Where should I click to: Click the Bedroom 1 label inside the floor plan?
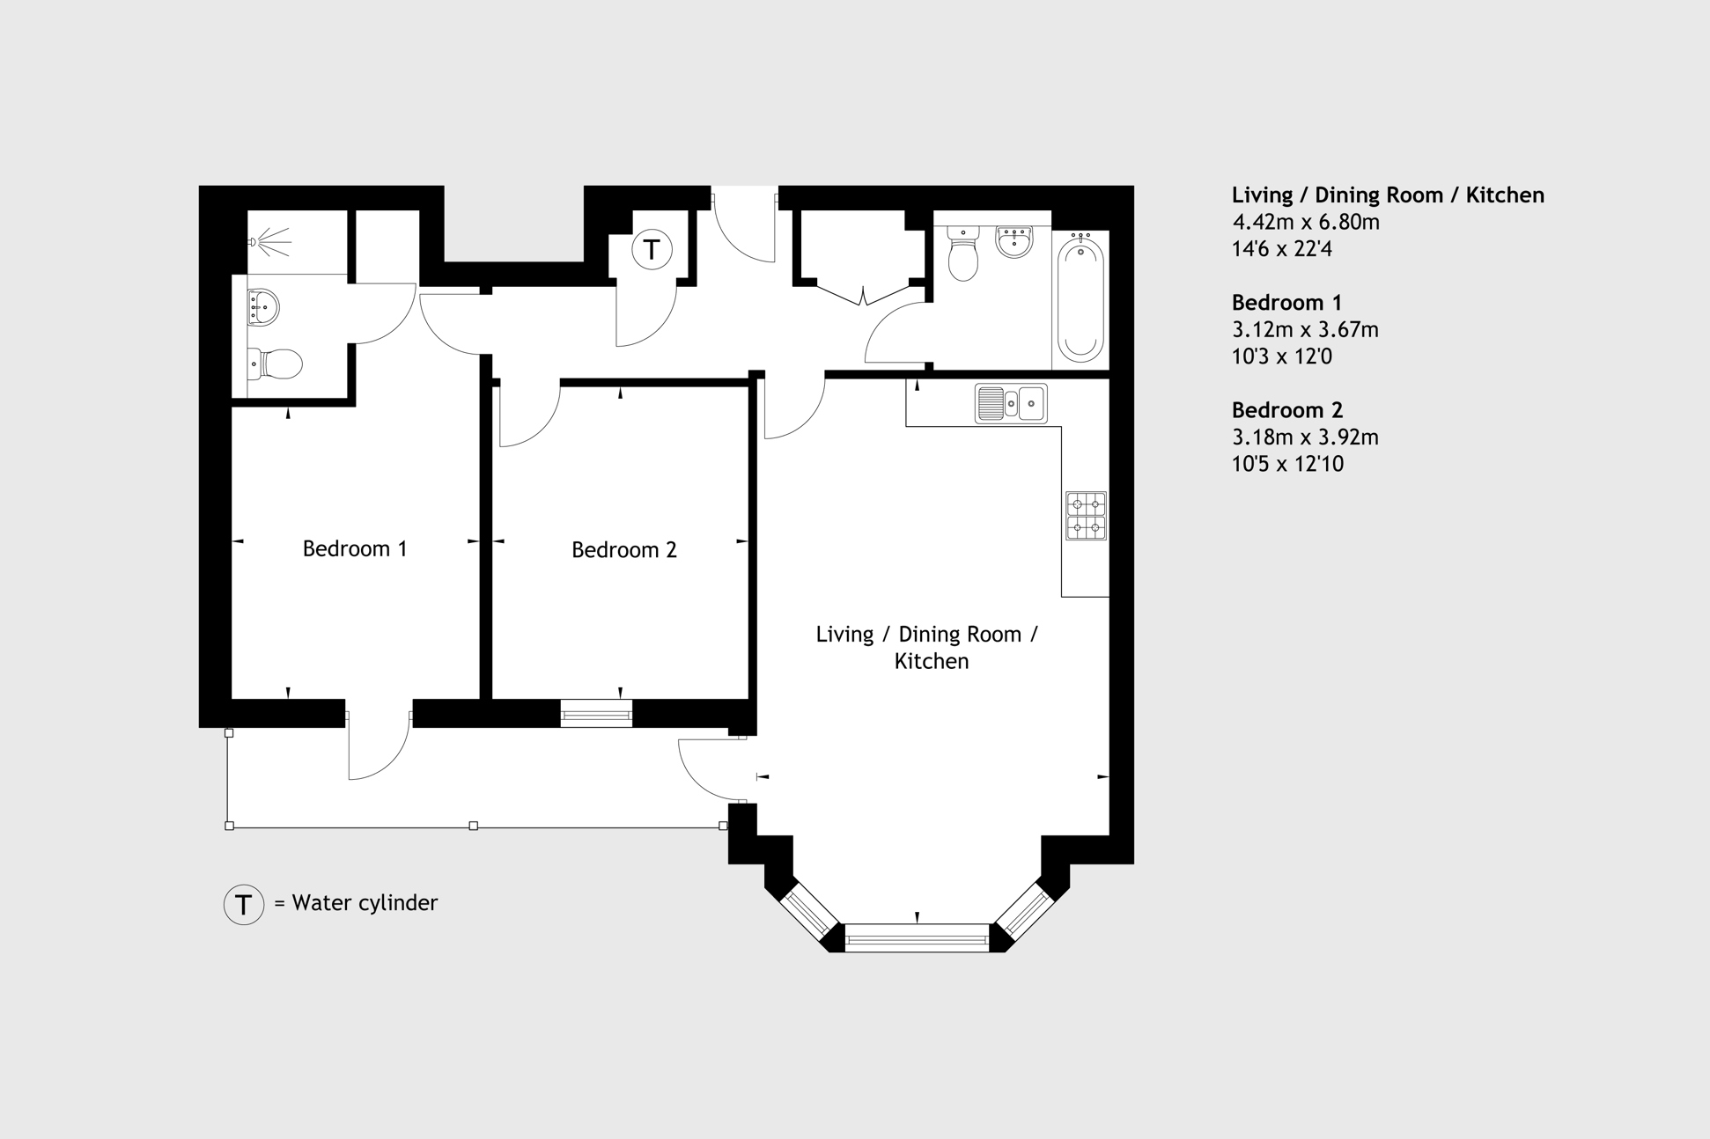(355, 549)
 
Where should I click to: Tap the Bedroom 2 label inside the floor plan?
(624, 550)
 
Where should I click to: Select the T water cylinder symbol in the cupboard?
(652, 249)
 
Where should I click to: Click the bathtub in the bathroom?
(1080, 298)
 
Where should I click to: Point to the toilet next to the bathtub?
(962, 253)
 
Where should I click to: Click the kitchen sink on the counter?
(1011, 403)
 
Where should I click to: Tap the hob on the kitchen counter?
(1086, 516)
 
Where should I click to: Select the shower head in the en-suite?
(269, 241)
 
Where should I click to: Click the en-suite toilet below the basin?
(275, 364)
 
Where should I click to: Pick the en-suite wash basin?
(263, 307)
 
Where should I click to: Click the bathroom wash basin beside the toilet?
(1014, 241)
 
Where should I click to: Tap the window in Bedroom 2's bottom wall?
(596, 714)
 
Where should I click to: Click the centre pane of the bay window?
(917, 938)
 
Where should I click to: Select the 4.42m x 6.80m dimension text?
(1306, 222)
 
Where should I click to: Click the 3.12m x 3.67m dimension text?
(1305, 329)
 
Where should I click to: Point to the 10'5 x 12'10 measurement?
(1287, 464)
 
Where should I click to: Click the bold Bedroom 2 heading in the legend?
(1287, 410)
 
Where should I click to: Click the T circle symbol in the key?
(244, 904)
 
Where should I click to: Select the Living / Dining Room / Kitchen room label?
(927, 648)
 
